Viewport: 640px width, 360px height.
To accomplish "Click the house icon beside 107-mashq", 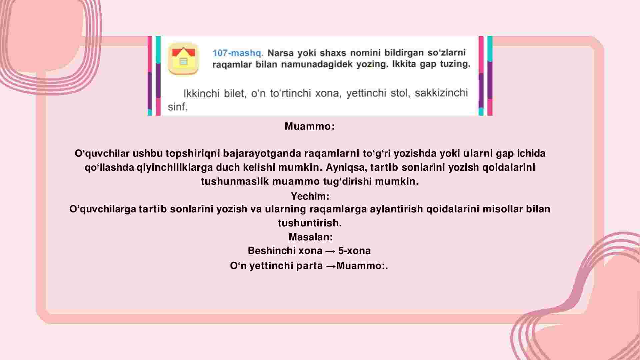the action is (183, 58).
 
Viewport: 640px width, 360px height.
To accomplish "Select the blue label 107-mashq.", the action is (238, 53).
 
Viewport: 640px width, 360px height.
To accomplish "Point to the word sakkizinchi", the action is (441, 92).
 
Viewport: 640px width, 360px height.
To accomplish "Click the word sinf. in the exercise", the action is (178, 107).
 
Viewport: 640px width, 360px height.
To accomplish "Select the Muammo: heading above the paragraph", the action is (310, 126).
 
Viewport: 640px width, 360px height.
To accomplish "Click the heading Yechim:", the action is (310, 196).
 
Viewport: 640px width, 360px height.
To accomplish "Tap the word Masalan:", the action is (311, 237).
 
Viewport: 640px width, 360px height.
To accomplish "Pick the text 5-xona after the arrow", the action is (354, 251).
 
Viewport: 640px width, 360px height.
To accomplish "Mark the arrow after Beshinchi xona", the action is (330, 251).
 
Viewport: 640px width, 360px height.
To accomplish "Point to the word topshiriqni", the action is (192, 153).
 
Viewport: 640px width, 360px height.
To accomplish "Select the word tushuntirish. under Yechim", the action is (310, 223).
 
